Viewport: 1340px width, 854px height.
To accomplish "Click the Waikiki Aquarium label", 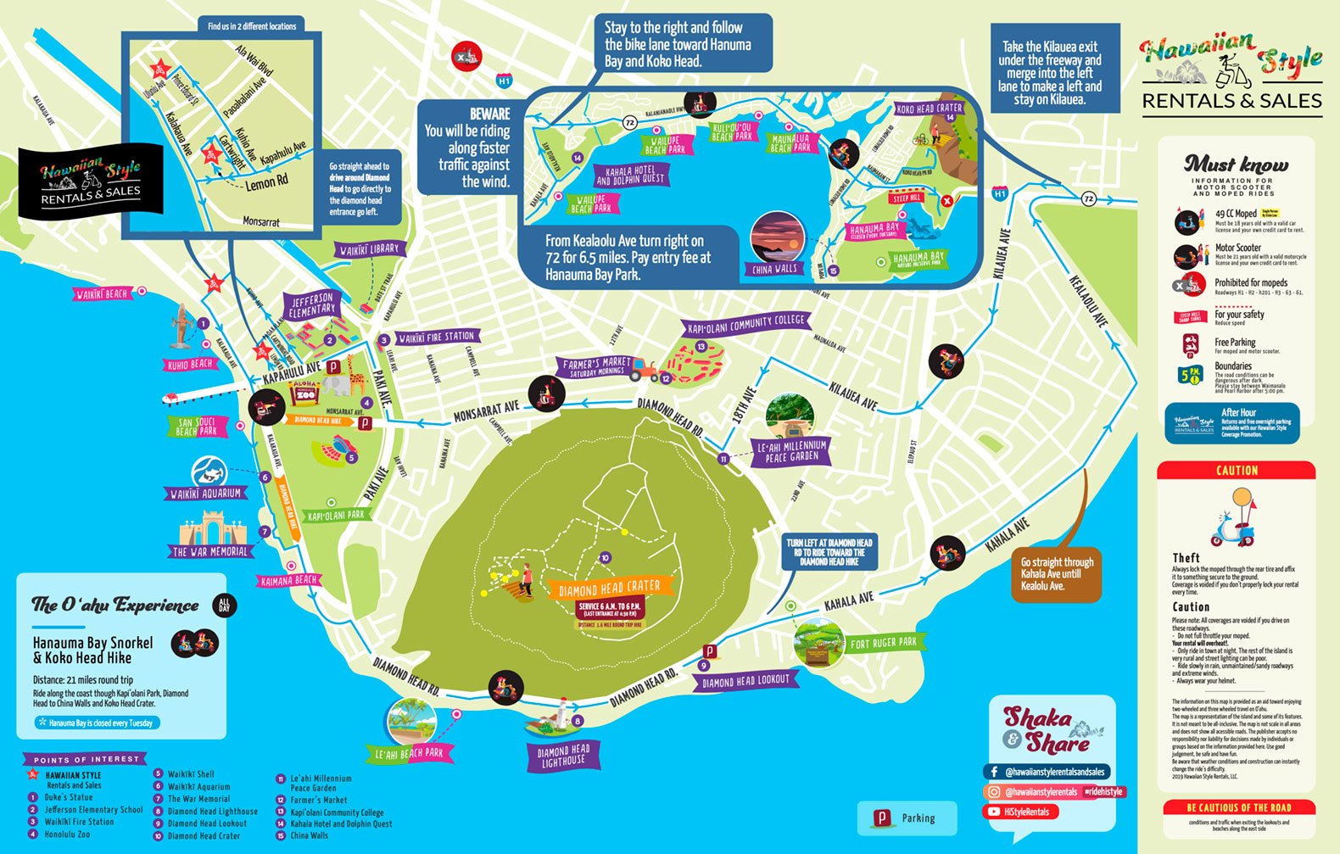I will click(206, 493).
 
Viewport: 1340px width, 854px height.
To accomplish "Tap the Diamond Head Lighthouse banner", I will click(563, 756).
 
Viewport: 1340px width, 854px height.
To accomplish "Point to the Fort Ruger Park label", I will click(883, 643).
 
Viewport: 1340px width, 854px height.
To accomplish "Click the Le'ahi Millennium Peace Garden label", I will click(791, 451).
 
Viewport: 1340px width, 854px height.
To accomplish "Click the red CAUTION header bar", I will click(1236, 471).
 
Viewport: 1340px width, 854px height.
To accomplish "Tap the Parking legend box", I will click(907, 818).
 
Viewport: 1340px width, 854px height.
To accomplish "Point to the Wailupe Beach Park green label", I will click(665, 145).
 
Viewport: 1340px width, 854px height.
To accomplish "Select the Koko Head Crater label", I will click(930, 109).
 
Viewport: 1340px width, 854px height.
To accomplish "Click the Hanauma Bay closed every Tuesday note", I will click(98, 723).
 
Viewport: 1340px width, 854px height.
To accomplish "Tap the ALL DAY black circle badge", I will click(224, 606).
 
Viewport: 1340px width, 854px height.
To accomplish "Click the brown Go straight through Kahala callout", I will click(1056, 574).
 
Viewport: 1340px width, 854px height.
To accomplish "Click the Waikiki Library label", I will click(369, 249).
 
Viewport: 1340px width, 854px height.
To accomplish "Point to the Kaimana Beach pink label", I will click(289, 581).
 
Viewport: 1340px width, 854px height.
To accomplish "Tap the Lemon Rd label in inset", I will click(266, 182).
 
